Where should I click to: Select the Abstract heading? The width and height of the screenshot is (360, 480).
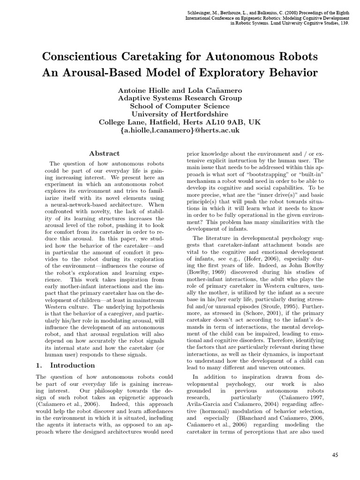104,153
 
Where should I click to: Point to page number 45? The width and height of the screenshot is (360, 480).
335,455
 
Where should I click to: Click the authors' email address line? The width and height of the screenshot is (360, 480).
180,130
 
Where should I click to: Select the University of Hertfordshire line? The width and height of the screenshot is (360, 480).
180,114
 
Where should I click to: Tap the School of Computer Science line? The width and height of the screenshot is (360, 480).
180,106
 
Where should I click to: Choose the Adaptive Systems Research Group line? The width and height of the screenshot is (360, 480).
180,98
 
